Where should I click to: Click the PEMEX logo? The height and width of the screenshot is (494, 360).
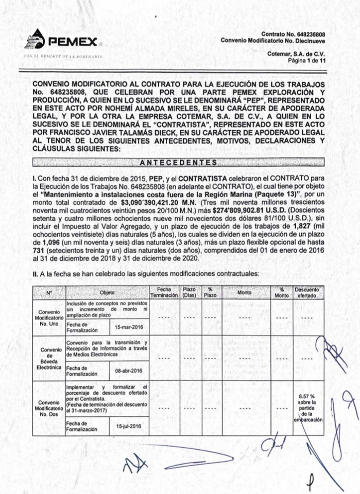point(61,41)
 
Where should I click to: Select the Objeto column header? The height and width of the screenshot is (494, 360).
point(107,292)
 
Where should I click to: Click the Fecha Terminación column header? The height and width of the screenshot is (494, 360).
point(164,292)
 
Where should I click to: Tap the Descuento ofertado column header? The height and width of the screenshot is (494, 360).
point(307,292)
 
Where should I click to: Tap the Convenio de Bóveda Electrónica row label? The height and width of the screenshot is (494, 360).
point(49,359)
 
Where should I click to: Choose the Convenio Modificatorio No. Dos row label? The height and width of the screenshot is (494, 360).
point(49,408)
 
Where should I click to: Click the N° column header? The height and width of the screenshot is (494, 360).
point(49,292)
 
